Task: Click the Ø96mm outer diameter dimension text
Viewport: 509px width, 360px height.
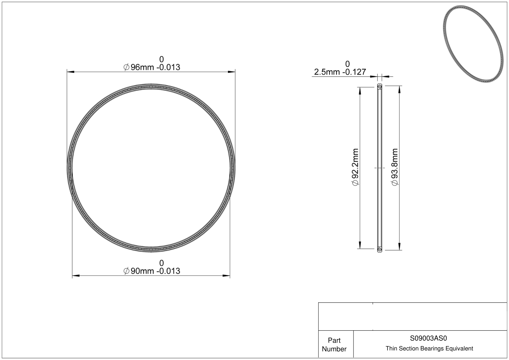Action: tap(152, 67)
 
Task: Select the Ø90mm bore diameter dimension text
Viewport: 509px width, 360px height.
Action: tap(152, 271)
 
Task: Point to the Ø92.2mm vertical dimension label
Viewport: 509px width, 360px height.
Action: tap(355, 167)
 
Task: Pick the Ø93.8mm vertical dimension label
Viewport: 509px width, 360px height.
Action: tap(395, 167)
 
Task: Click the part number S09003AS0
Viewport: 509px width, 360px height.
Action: tap(428, 338)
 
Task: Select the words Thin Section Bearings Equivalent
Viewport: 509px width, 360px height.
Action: tap(429, 349)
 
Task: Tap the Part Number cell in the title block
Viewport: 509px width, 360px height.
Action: tap(334, 345)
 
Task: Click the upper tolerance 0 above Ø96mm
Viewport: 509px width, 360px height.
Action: tap(161, 59)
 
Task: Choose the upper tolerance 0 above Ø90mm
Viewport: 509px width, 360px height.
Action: tap(161, 263)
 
